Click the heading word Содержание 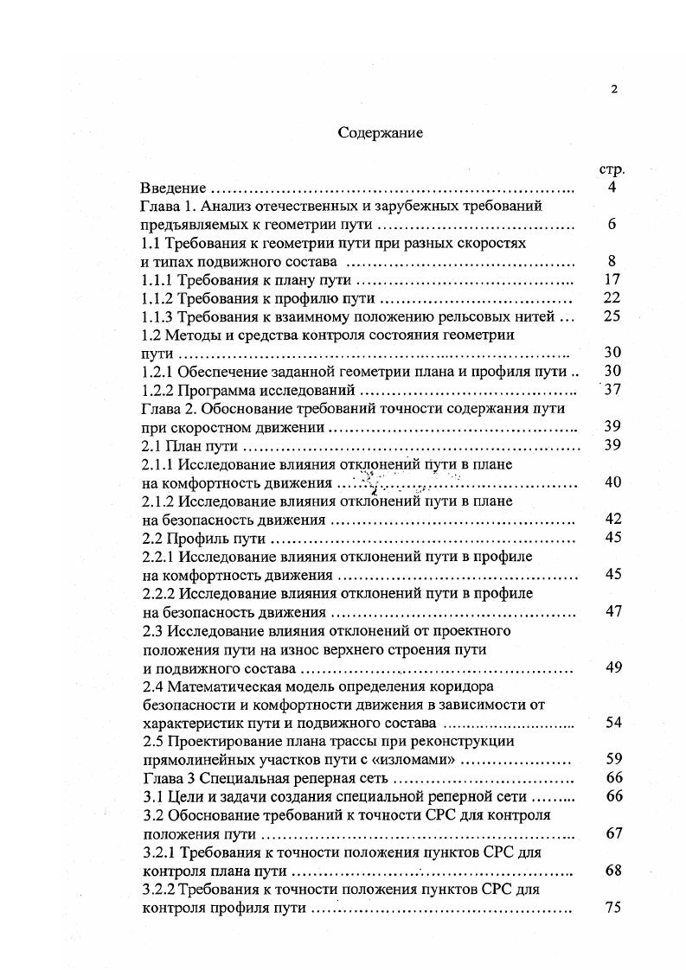tap(380, 134)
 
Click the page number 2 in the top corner tap(614, 89)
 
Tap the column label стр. tap(612, 169)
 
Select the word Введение tap(173, 188)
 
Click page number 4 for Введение tap(612, 188)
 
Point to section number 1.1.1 tap(158, 280)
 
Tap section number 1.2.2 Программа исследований tap(158, 390)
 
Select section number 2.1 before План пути tap(152, 446)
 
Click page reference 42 tap(612, 520)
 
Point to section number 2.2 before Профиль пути tap(152, 539)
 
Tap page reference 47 tap(612, 612)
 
